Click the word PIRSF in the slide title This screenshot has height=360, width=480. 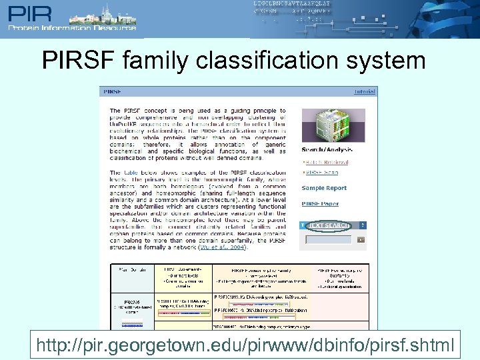pyautogui.click(x=79, y=61)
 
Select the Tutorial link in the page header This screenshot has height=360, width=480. pyautogui.click(x=365, y=91)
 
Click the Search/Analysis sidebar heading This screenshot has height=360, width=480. pyautogui.click(x=325, y=150)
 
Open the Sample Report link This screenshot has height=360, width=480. pyautogui.click(x=324, y=189)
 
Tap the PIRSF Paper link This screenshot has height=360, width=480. pyautogui.click(x=320, y=204)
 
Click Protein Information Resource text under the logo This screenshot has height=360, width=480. pyautogui.click(x=72, y=27)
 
